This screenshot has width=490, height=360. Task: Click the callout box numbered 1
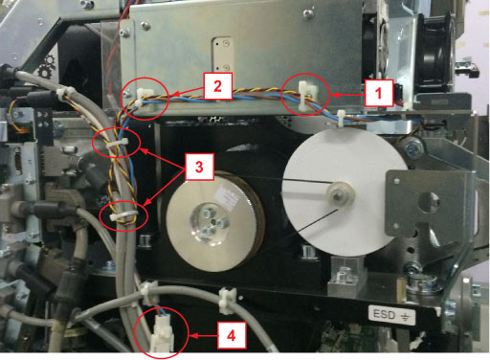coord(379,93)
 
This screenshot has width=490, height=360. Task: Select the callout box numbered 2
coord(217,86)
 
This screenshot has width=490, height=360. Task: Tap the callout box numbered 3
coord(199,167)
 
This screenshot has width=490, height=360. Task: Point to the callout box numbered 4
coord(232,335)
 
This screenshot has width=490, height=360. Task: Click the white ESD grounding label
coord(392,315)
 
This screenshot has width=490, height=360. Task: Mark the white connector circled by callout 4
coord(162,332)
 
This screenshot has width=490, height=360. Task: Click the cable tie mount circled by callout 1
coord(304,96)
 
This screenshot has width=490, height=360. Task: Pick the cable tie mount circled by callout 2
coord(143,99)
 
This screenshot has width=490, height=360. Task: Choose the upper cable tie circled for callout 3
coord(118,143)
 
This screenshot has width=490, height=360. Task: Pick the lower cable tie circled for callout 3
coord(122,215)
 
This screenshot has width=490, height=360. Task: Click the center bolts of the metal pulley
coord(209,221)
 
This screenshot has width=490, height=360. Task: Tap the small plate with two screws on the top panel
coord(222,55)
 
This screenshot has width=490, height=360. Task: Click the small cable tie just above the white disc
coord(341,119)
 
